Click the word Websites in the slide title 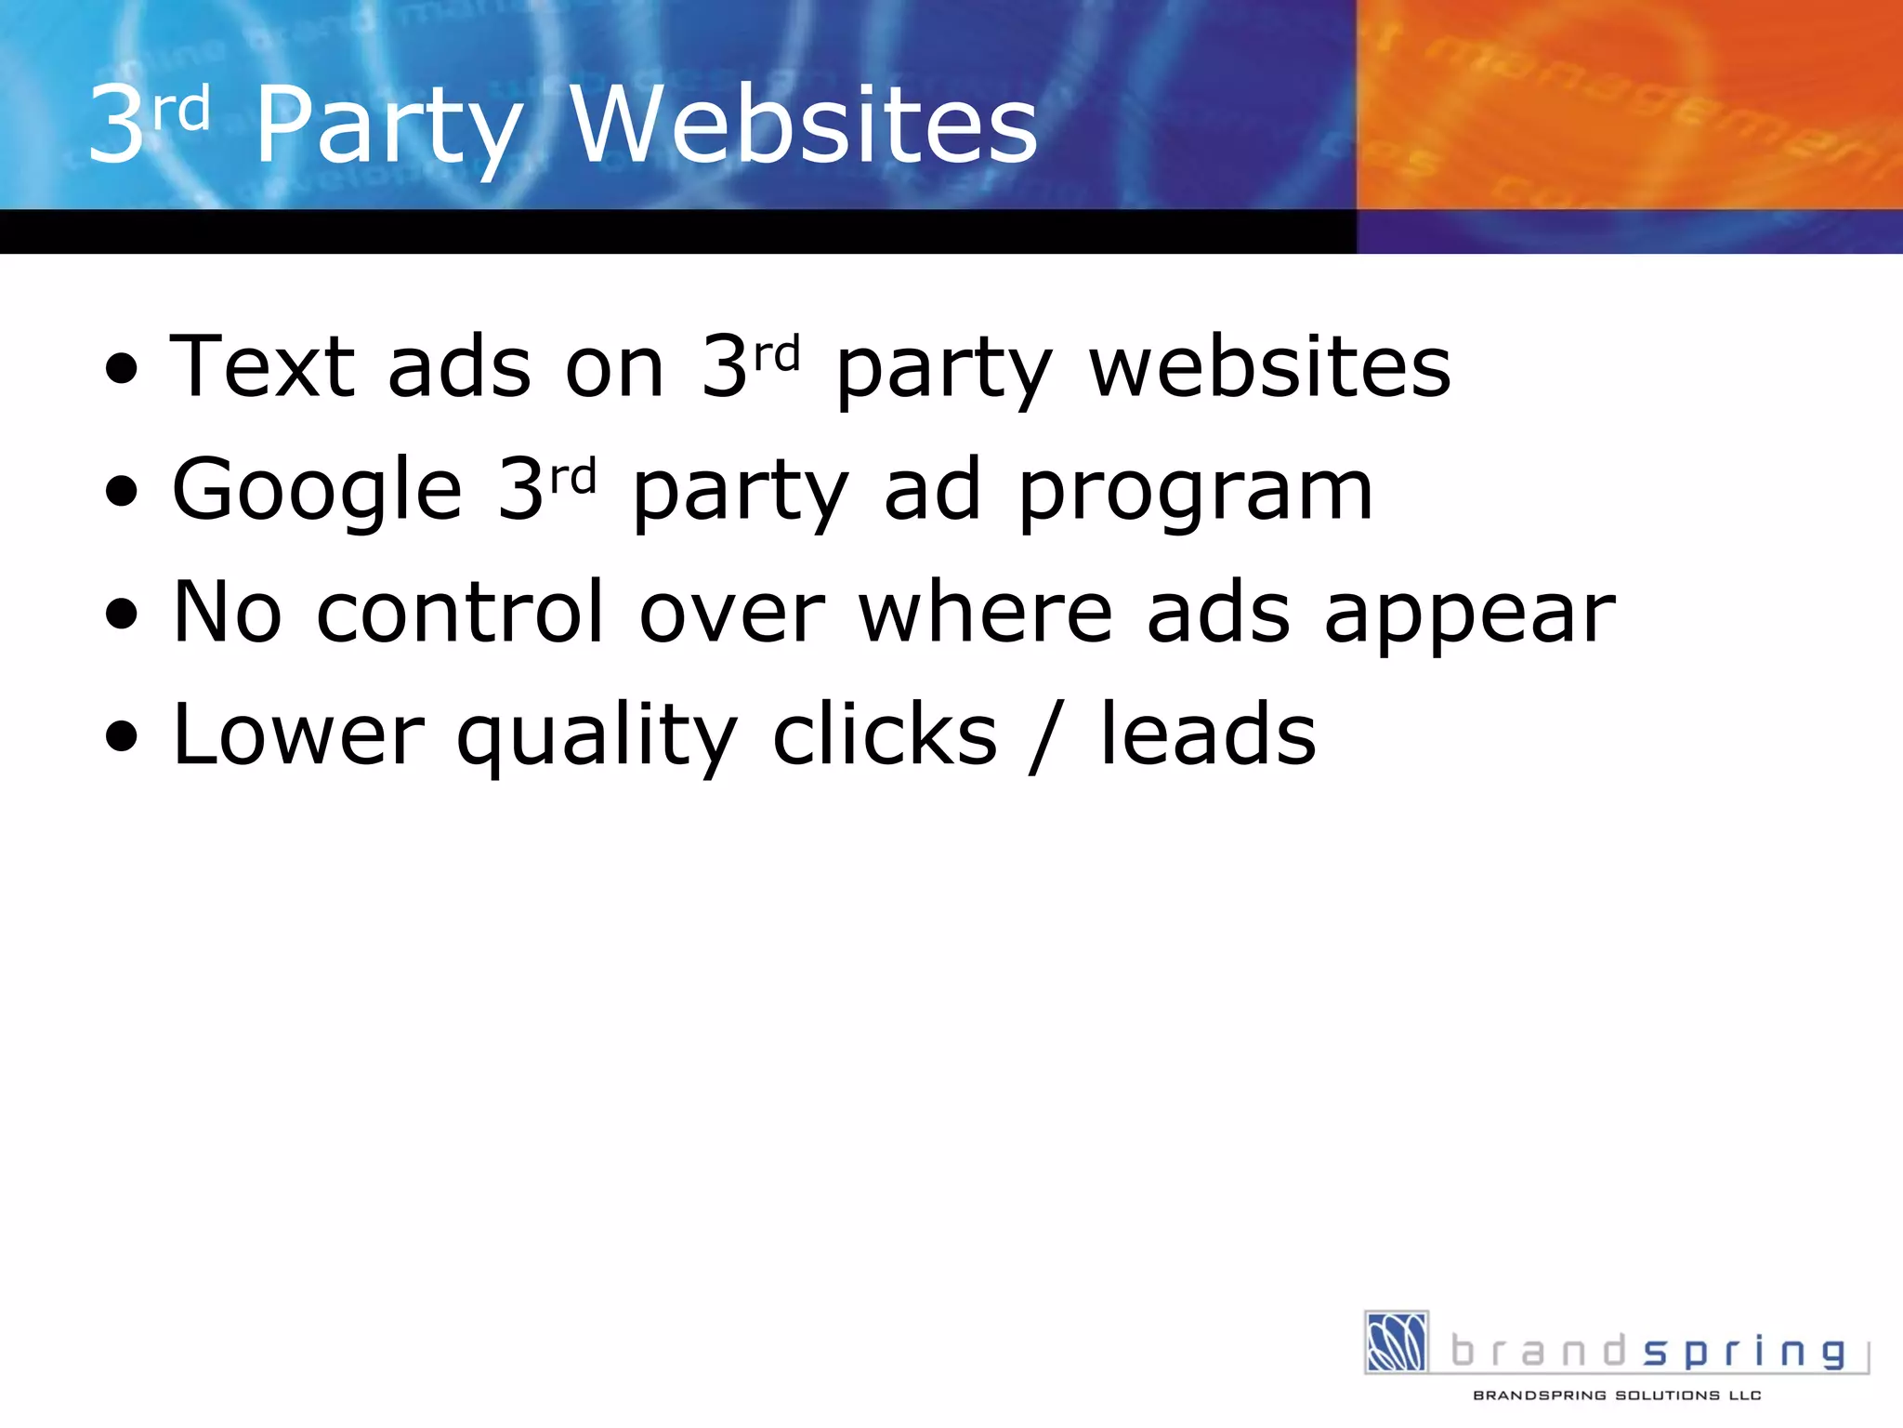(804, 126)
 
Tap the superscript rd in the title (181, 110)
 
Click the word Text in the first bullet (262, 366)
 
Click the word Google (317, 491)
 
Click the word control (461, 612)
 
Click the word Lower (298, 734)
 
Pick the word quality (597, 738)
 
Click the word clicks (885, 734)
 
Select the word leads (1208, 734)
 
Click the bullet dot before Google (122, 493)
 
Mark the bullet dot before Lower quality (122, 738)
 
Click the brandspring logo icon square (1396, 1342)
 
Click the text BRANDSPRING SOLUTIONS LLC (1617, 1395)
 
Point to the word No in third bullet (228, 612)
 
